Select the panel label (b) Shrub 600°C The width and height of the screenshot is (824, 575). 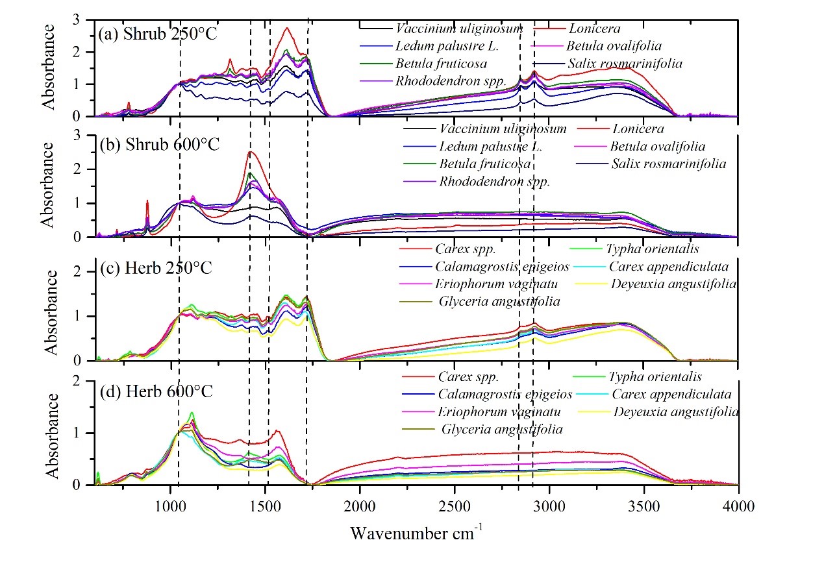pyautogui.click(x=159, y=144)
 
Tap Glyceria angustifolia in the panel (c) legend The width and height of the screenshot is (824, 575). pyautogui.click(x=499, y=302)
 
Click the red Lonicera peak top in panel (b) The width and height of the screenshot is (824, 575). pyautogui.click(x=251, y=152)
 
